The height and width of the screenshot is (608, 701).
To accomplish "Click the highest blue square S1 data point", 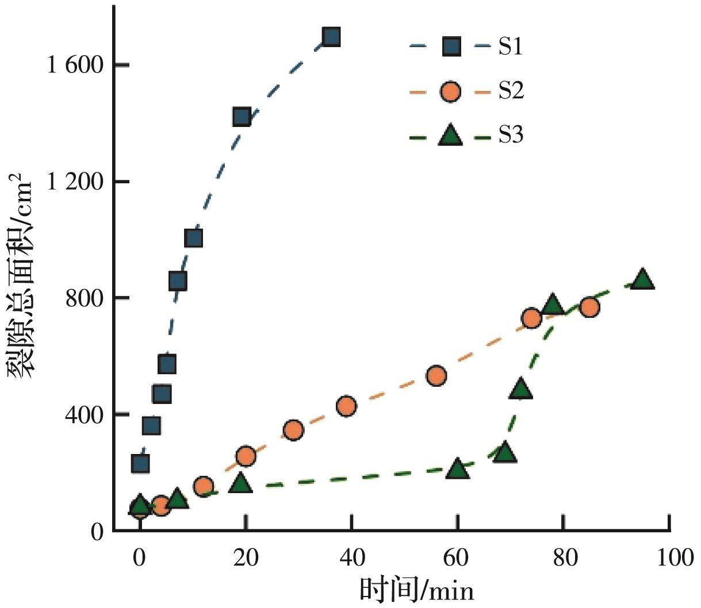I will point(331,37).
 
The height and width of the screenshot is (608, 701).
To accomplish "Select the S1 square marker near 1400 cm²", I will point(242,117).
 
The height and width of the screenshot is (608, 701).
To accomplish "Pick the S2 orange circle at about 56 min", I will point(436,376).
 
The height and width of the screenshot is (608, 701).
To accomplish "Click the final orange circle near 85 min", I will point(589,307).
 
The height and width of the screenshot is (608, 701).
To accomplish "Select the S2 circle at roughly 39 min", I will point(346,406).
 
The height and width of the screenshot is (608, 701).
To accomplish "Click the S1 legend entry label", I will point(510,47).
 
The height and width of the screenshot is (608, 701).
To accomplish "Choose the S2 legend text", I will point(511,91).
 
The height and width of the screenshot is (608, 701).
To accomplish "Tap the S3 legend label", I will point(511,136).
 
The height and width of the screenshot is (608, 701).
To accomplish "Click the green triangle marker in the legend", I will point(451,136).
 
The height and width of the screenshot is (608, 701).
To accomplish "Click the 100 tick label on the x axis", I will point(670,557).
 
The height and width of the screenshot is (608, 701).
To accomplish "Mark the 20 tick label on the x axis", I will point(246,557).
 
